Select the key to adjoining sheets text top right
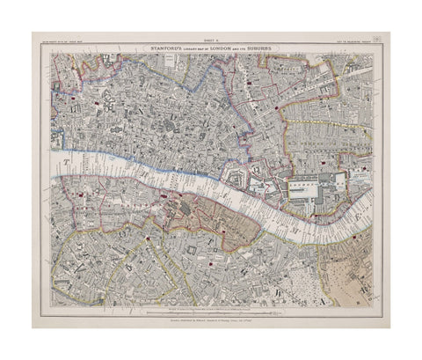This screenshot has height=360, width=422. point(348,42)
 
